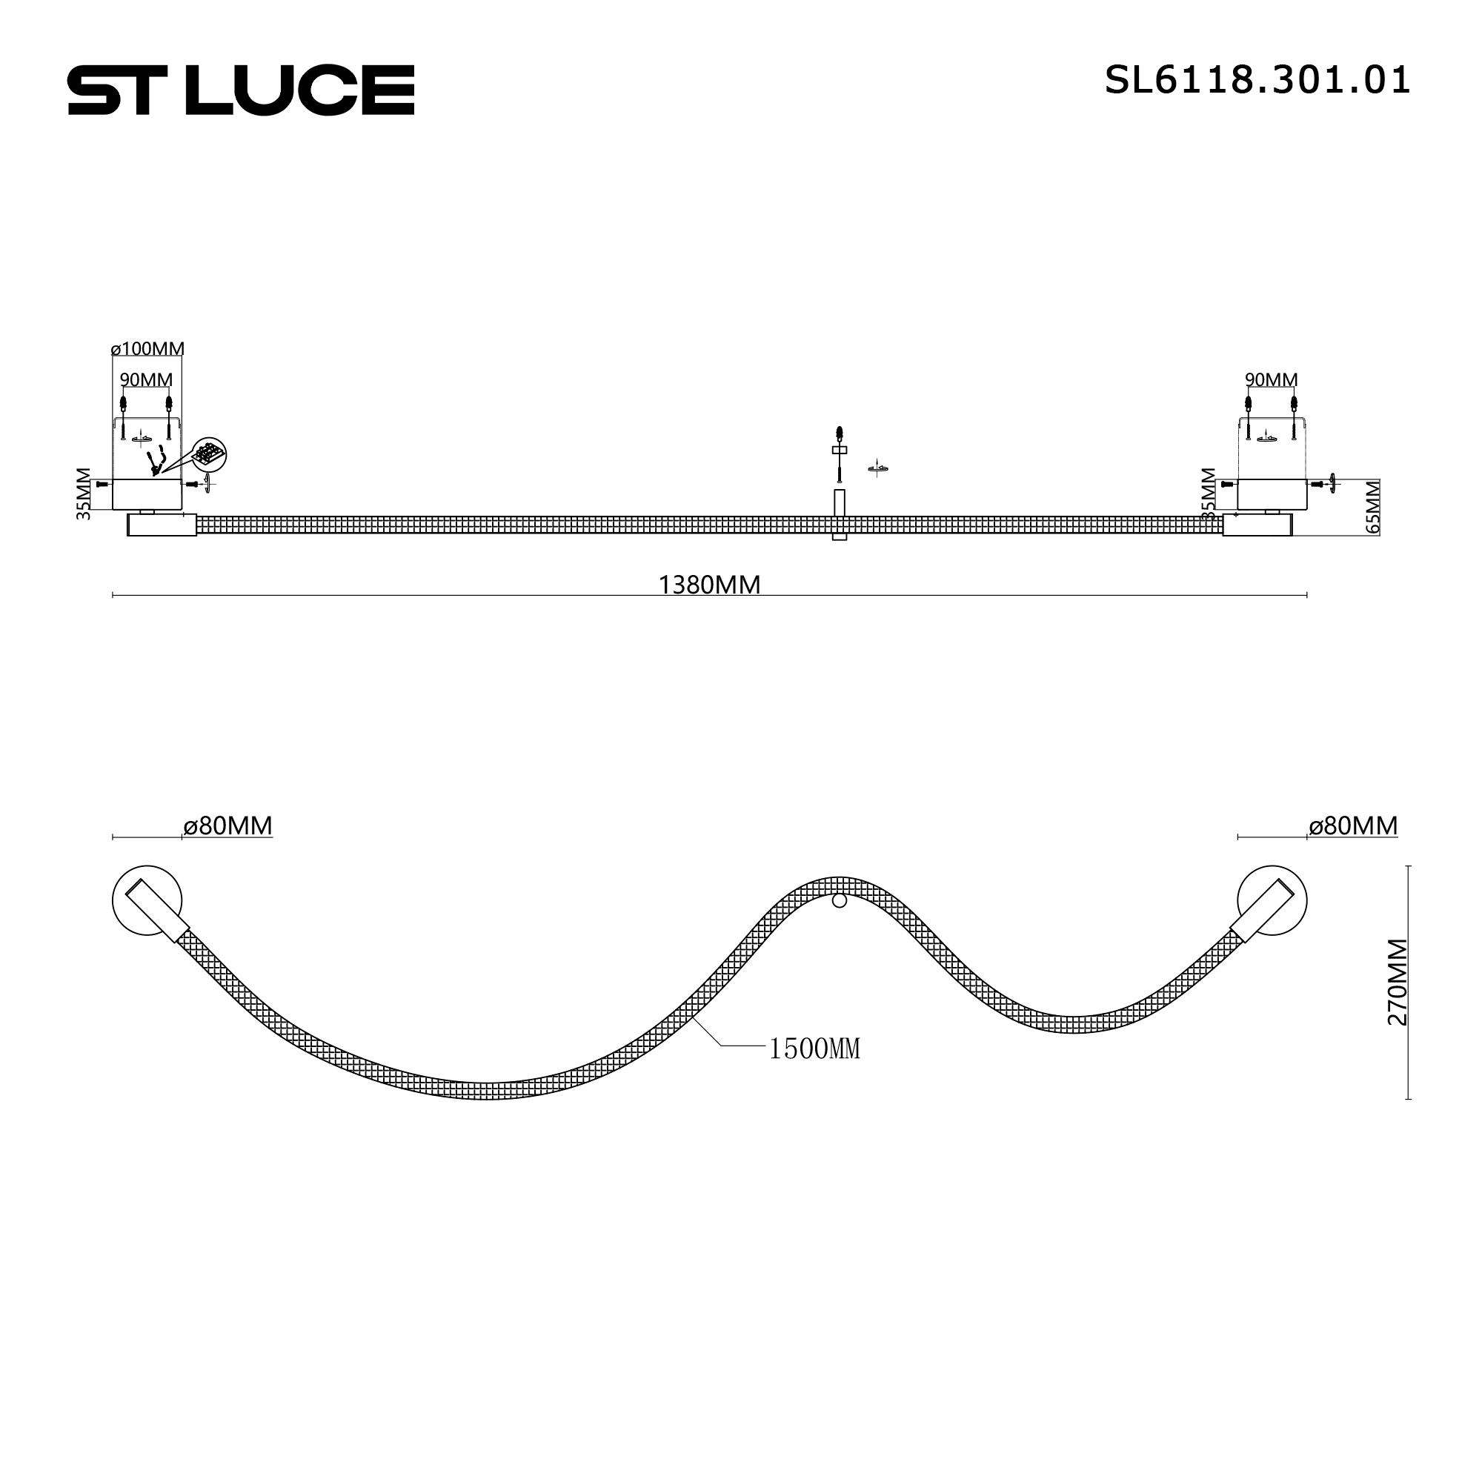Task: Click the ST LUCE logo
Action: [x=241, y=90]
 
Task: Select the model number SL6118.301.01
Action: [x=1257, y=80]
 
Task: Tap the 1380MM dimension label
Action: [x=709, y=585]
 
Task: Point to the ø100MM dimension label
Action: [x=147, y=349]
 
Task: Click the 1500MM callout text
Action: [x=814, y=1049]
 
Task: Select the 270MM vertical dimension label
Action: [x=1398, y=982]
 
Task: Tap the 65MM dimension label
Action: [x=1373, y=507]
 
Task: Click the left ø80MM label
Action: [x=227, y=826]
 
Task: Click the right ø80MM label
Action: [x=1353, y=826]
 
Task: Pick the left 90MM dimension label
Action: [x=146, y=379]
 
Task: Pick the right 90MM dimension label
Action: [x=1271, y=379]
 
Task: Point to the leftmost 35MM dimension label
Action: [x=84, y=494]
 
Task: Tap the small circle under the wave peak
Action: [x=840, y=900]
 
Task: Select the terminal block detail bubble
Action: [x=209, y=455]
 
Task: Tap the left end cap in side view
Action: [x=161, y=525]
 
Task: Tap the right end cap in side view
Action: [x=1257, y=525]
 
